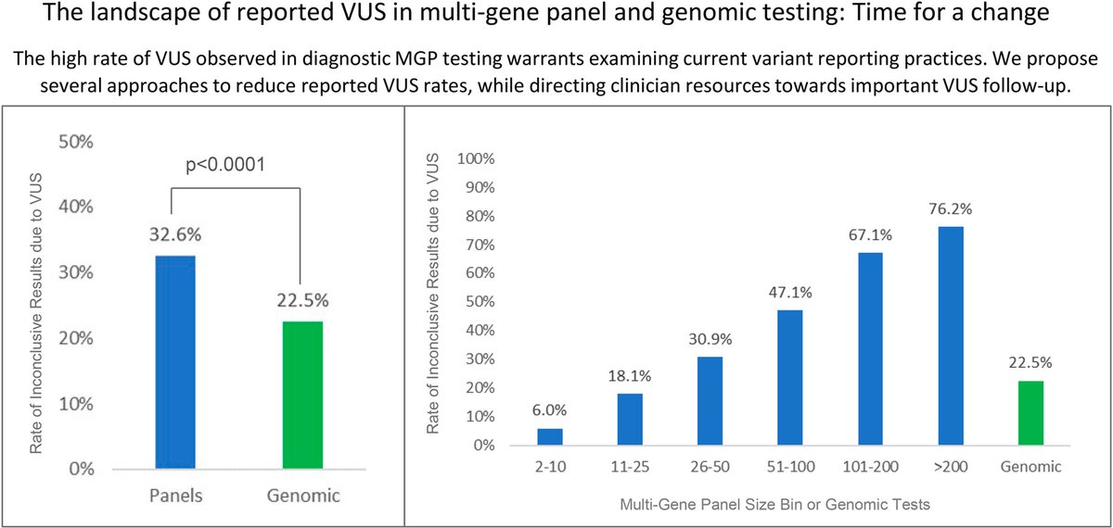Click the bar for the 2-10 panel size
550,436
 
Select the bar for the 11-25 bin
630,420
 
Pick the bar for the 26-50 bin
710,401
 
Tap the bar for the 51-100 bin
790,378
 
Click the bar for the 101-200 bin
870,349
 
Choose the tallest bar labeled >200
951,336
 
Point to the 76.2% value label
951,208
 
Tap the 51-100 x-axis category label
790,467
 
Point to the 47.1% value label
790,292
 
